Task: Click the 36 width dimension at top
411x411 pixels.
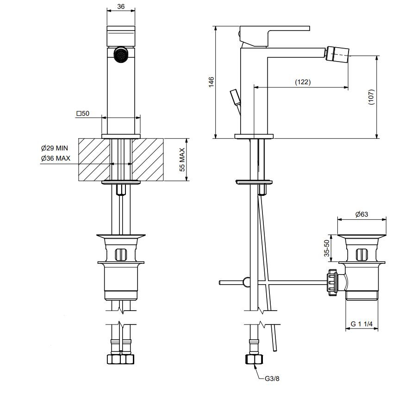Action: pos(121,6)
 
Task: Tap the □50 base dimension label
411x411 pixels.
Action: pos(83,113)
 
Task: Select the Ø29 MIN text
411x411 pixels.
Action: pos(55,148)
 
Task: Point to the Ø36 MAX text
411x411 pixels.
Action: pos(56,158)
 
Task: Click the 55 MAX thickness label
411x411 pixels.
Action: pos(182,160)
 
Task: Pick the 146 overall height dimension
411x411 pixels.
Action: pos(211,82)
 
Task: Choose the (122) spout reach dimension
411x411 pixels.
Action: pos(303,82)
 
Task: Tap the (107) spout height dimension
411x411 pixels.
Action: pos(371,97)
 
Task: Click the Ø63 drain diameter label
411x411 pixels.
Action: pos(362,214)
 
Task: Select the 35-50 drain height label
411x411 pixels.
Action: pos(327,248)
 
